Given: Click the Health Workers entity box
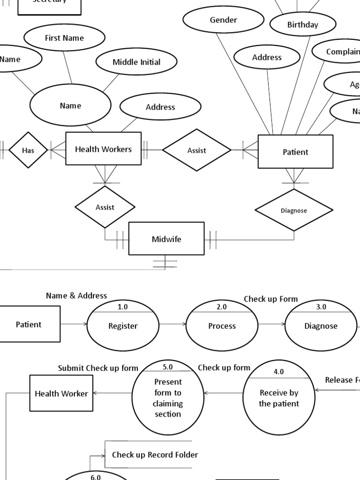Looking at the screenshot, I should coord(103,149).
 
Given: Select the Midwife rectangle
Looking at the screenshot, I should coord(166,239).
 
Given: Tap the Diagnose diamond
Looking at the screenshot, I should coord(294,210).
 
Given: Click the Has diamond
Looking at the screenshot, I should coord(28,150).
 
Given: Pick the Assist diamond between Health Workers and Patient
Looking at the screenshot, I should coord(197,150).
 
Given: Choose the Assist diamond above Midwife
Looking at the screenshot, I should coord(105,207).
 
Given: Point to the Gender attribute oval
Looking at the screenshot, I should coord(224,20).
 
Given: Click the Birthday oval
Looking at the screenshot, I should coord(303,25).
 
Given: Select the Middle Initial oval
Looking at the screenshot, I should coord(136,62).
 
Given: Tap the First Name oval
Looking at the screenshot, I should coord(64,38).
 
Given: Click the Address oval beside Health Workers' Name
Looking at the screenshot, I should coord(160,107).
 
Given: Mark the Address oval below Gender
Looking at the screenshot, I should coord(267,58).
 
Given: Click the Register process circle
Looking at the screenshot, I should coord(123,326).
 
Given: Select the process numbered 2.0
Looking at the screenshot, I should coord(222,326).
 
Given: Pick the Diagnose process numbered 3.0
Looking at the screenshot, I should coord(321,326).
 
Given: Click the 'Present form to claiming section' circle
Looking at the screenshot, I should coord(168,397).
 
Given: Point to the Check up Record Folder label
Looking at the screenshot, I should coord(155,455).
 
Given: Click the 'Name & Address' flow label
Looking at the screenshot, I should coord(76,296).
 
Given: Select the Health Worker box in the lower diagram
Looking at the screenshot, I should coord(61,393).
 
